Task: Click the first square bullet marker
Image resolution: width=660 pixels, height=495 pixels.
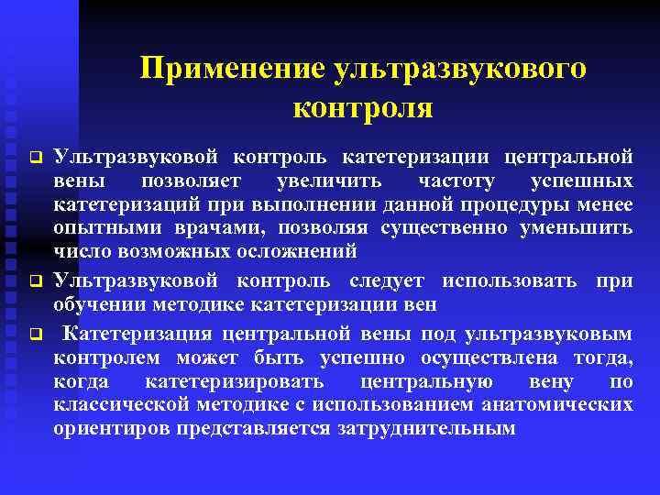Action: (33, 153)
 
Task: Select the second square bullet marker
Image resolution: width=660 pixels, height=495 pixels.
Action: (33, 280)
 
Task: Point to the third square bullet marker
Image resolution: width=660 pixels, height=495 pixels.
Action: (33, 331)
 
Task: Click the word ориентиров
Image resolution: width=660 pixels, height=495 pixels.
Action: (107, 428)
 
